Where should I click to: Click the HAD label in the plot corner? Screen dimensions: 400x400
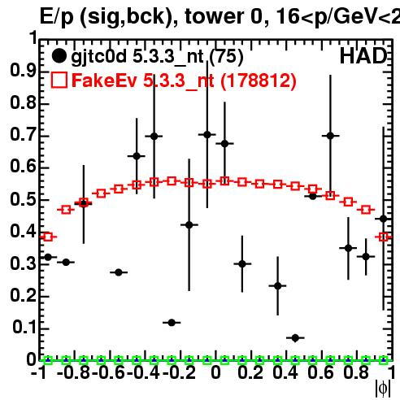363,56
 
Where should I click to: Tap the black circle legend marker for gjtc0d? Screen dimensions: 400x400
59,56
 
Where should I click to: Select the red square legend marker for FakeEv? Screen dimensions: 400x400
59,80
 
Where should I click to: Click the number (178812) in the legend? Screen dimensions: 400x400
259,80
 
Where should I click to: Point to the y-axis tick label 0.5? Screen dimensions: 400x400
23,199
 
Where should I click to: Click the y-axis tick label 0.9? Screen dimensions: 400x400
23,71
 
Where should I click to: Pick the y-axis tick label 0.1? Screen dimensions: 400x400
24,328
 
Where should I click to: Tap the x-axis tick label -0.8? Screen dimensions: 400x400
74,372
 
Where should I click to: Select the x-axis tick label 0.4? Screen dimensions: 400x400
285,372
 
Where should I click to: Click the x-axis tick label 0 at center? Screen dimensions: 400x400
215,372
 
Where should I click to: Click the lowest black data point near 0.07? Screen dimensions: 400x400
295,338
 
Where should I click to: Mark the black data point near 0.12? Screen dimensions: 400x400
172,323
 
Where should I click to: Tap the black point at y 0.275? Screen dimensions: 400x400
119,272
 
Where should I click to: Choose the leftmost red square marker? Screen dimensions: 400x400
48,237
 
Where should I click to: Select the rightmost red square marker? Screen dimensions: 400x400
383,237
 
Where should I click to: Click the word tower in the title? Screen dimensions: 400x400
215,17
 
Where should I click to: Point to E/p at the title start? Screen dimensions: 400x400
57,18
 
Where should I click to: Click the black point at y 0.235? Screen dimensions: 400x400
277,285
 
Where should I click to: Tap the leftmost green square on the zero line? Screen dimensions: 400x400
48,360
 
